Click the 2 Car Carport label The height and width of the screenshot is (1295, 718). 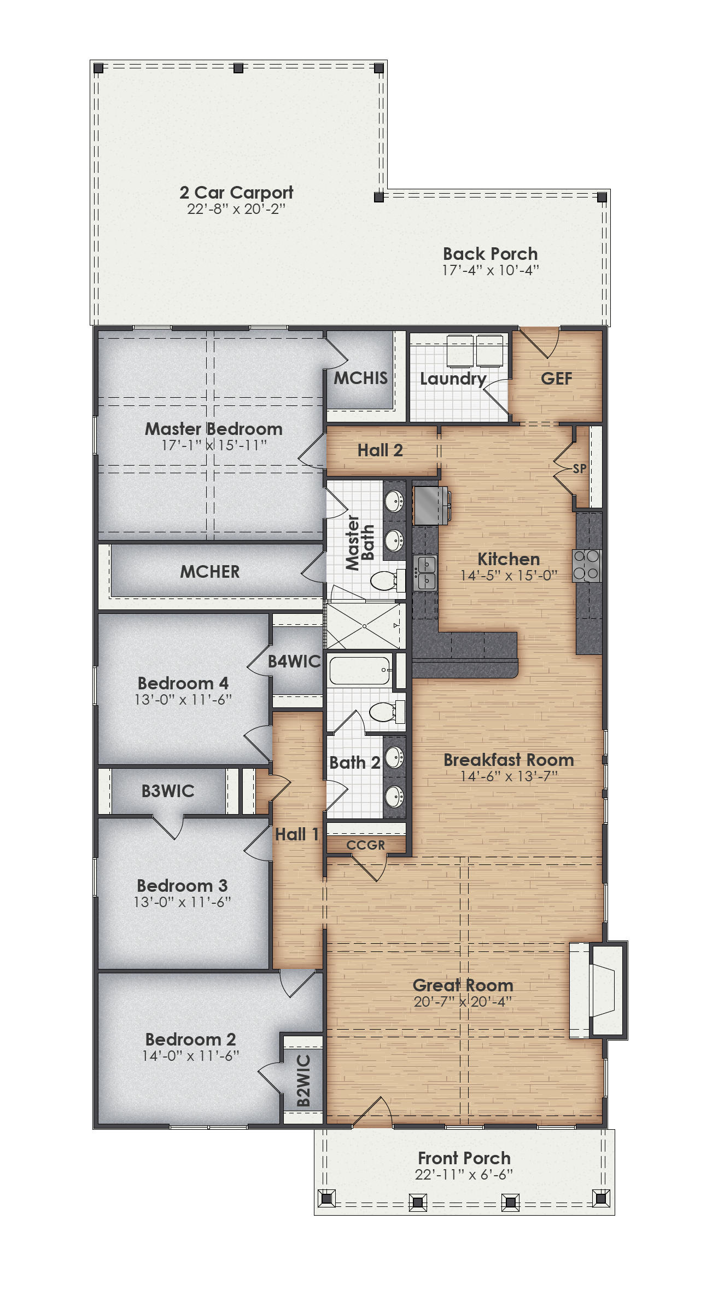tap(236, 193)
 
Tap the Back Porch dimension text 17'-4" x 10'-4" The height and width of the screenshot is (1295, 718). tap(491, 270)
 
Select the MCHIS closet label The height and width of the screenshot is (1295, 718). tap(361, 378)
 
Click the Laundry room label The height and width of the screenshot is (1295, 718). tap(453, 379)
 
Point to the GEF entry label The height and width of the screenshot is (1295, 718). tap(556, 379)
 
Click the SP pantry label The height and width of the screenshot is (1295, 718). tap(579, 468)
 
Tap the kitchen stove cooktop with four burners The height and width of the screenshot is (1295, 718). tap(587, 565)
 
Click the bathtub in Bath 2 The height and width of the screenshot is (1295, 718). tap(359, 670)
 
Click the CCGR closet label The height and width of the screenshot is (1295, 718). tap(365, 845)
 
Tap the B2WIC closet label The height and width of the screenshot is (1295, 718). tap(303, 1081)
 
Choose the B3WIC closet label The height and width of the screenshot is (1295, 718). tap(168, 791)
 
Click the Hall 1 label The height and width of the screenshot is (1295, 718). tap(296, 834)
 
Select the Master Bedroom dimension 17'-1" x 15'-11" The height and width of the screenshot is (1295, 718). tap(214, 445)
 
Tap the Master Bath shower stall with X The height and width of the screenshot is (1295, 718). tap(364, 625)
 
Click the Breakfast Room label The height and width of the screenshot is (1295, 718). tap(509, 760)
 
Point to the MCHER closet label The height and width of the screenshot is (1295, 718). tap(210, 572)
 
